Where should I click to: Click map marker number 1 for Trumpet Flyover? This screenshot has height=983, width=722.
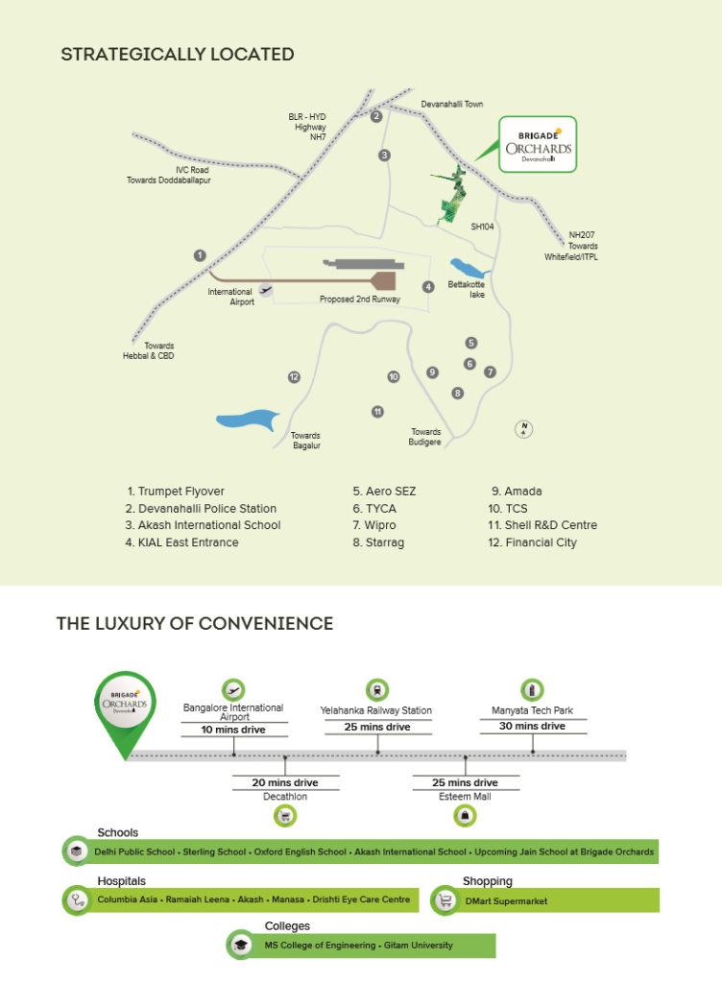pos(200,255)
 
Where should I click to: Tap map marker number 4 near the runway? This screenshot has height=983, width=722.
pos(428,286)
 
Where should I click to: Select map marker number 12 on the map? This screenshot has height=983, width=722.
pos(294,376)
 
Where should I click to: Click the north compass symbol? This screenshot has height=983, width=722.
pos(523,429)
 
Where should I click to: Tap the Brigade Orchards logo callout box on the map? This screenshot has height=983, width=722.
pos(538,144)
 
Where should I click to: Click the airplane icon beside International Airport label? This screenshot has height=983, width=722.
pos(266,290)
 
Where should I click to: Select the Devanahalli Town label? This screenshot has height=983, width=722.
pos(452,104)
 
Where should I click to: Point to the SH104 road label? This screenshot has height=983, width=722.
pos(483,227)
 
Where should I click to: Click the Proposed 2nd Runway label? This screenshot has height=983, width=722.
pos(360,300)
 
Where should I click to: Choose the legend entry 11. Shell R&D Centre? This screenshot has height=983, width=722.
pos(542,525)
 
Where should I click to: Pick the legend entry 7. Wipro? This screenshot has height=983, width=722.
pos(374,525)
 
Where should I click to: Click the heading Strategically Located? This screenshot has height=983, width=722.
pos(178,55)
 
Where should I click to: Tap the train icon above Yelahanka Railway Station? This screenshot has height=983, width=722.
pos(377,690)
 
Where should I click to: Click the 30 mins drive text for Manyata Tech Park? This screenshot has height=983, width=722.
pos(532,726)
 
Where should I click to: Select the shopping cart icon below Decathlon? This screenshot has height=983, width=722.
pos(285,816)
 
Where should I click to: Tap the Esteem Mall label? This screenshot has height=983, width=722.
pos(465,796)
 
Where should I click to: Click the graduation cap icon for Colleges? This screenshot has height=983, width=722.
pos(241,945)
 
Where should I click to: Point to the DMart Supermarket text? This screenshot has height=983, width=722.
pos(506,900)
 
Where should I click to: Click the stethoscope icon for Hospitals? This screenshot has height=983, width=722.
pos(77,900)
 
